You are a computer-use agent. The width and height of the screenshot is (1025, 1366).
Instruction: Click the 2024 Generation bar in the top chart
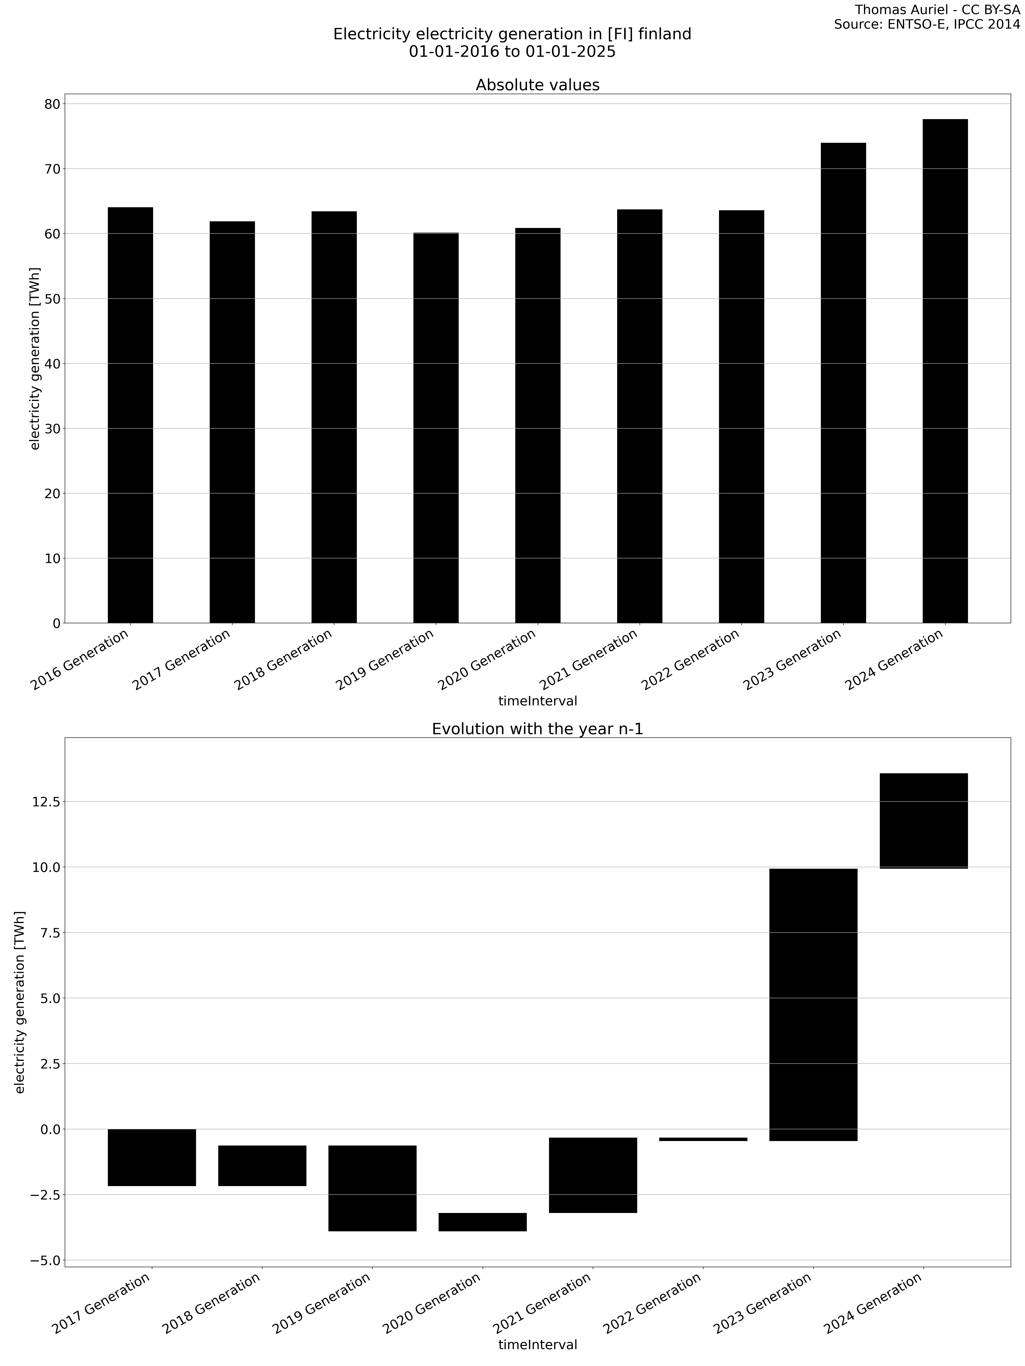click(945, 371)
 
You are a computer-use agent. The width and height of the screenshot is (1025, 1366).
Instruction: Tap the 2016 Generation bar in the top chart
click(130, 415)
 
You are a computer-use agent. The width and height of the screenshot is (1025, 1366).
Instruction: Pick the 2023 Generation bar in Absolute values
click(843, 383)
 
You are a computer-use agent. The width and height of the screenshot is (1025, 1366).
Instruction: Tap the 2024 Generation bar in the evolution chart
click(923, 821)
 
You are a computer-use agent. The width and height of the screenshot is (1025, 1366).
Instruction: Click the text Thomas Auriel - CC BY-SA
click(937, 10)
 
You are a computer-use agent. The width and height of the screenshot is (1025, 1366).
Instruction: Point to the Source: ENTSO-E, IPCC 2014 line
click(927, 25)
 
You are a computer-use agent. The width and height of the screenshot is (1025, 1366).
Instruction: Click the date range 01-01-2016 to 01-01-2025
click(512, 52)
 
